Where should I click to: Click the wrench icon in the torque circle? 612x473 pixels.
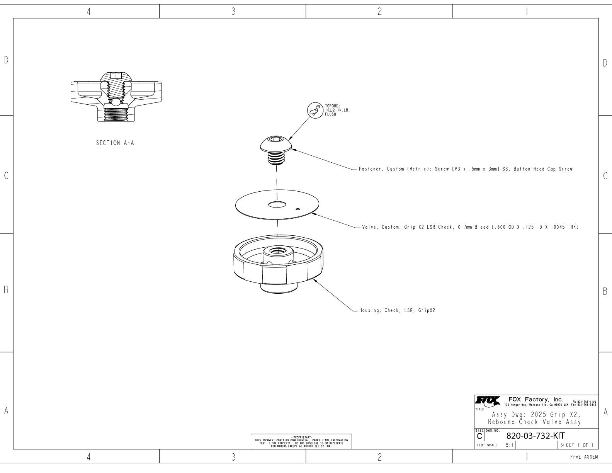(x=314, y=111)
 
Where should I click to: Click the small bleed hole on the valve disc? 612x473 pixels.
(x=297, y=209)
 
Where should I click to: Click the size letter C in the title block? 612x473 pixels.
(x=479, y=436)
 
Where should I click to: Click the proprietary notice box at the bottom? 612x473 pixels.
(x=301, y=441)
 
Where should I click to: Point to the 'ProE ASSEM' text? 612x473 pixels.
(x=584, y=457)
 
